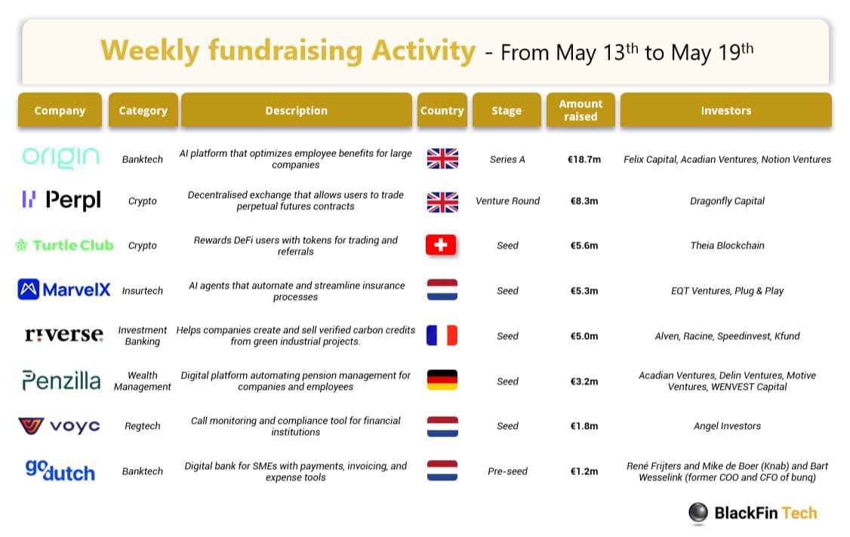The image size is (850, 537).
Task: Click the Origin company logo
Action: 60,158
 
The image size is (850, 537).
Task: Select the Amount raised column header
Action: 581,110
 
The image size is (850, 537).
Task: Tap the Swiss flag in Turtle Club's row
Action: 441,245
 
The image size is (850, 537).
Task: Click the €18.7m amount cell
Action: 584,159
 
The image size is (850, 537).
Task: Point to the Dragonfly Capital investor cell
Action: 727,201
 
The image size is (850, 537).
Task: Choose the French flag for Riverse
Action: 442,336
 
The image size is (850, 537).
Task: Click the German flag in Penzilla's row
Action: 442,380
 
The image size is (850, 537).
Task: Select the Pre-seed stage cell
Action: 507,471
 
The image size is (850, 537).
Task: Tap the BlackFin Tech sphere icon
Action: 698,512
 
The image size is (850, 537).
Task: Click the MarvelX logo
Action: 64,290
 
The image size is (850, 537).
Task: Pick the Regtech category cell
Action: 143,426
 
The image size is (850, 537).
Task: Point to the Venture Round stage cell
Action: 507,201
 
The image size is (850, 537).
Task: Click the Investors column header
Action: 726,110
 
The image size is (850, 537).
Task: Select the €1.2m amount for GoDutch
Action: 584,471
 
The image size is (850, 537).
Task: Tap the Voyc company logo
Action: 59,426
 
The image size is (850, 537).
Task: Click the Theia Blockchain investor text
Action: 727,245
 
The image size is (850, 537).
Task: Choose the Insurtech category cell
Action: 143,291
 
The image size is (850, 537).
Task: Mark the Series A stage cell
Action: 507,159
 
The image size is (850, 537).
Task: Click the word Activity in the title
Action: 423,51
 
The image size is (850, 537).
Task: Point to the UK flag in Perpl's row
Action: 442,202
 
